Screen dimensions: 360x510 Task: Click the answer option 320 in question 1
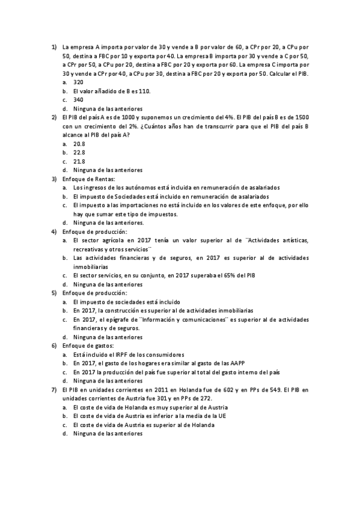point(78,82)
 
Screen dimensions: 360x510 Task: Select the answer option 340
point(78,100)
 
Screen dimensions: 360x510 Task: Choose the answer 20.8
point(79,144)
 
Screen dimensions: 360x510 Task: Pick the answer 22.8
point(79,153)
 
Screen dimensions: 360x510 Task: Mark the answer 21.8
point(79,162)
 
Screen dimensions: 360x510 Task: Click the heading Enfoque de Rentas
point(88,179)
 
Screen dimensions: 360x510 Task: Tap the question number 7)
point(53,390)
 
